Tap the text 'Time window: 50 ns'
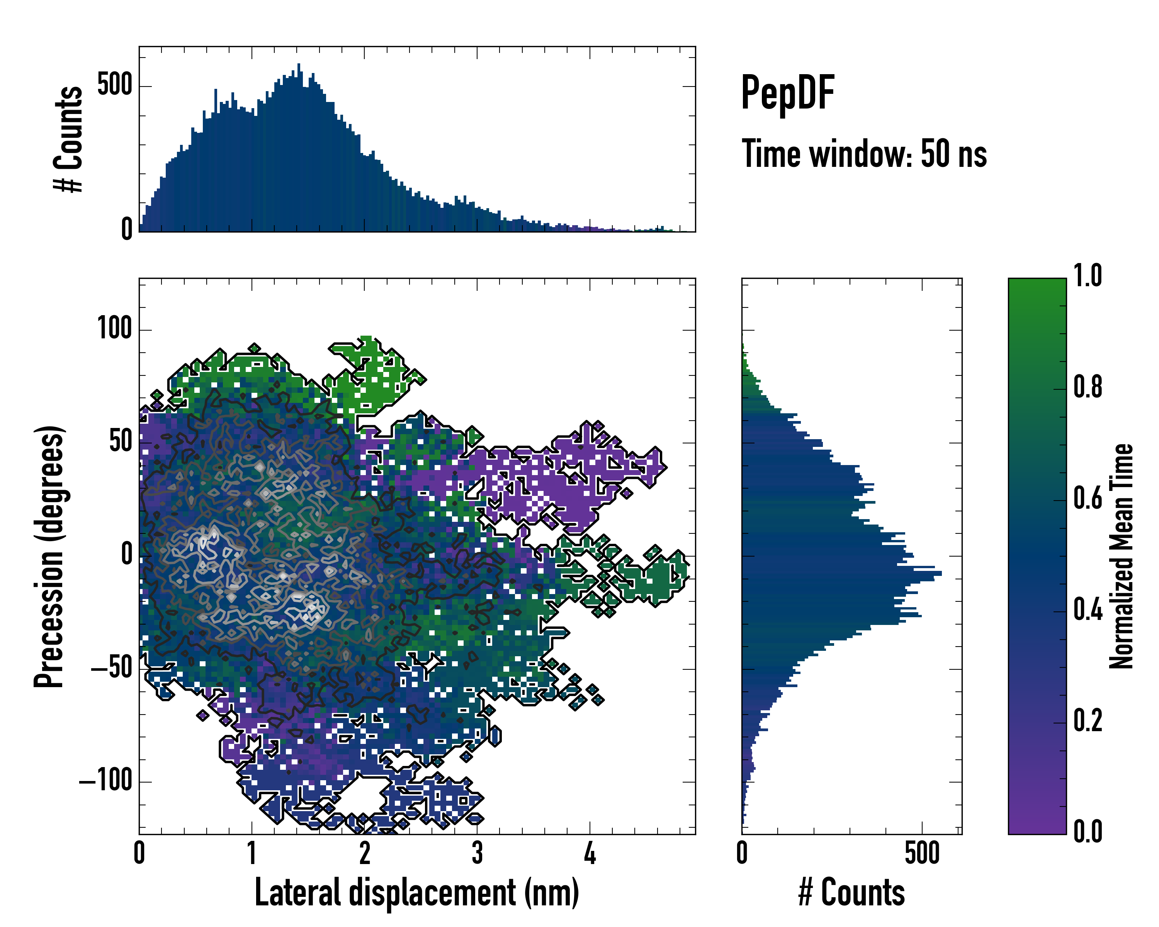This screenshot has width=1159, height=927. tap(864, 154)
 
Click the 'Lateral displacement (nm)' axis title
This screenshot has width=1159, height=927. tap(416, 893)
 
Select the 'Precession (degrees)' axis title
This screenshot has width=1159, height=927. tap(49, 556)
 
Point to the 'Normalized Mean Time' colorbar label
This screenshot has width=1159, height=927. tap(1122, 556)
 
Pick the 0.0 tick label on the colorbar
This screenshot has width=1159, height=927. tap(1088, 831)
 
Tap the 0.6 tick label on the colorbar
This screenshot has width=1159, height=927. tap(1088, 498)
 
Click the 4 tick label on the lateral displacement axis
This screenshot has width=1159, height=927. tap(590, 853)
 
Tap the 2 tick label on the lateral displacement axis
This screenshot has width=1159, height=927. tap(364, 853)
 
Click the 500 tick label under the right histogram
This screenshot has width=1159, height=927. tap(921, 853)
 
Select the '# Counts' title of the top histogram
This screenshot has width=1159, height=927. tap(69, 139)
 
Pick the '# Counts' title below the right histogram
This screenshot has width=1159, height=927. tap(851, 893)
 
